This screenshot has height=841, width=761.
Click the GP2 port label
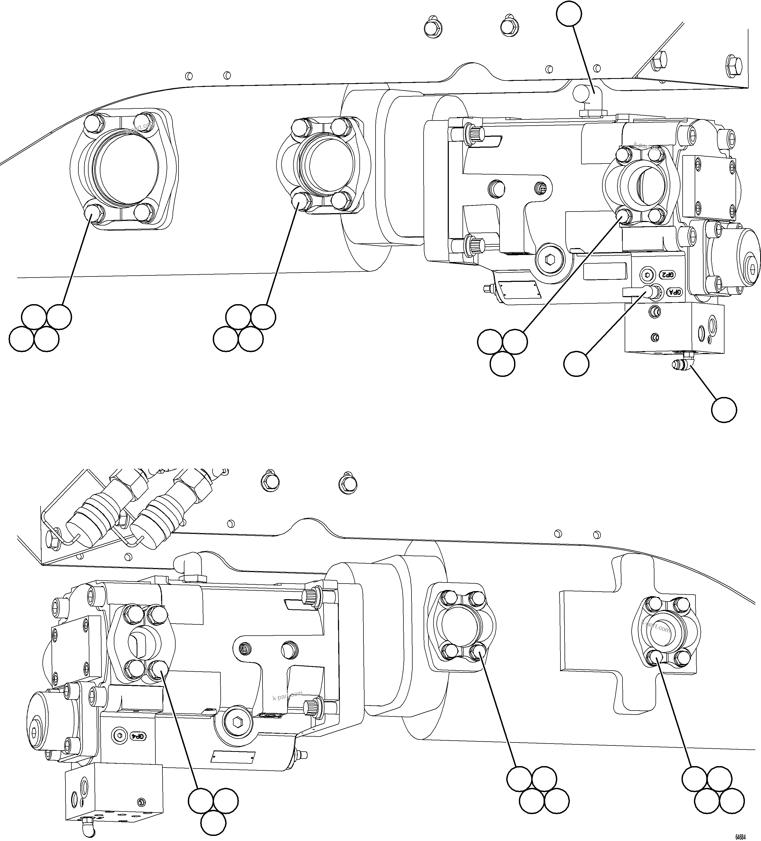click(x=668, y=275)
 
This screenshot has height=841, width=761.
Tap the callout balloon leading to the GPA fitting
click(x=576, y=363)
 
